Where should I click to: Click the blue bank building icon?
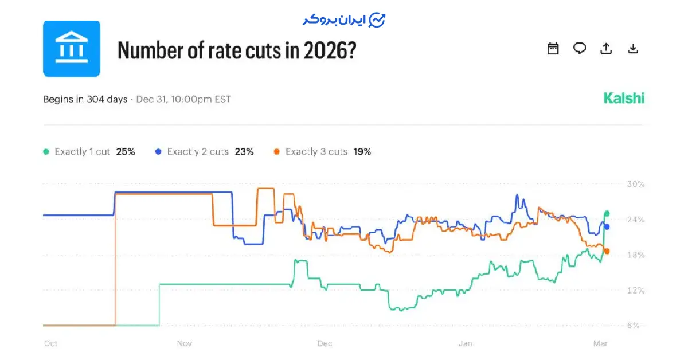[x=72, y=49]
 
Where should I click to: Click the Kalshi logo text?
[x=624, y=98]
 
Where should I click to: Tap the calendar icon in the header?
[x=553, y=49]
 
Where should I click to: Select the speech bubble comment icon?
[x=580, y=49]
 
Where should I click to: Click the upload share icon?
[x=606, y=49]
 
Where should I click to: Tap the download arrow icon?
[x=633, y=49]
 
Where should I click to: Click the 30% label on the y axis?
[x=636, y=185]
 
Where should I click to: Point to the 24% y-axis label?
[x=636, y=220]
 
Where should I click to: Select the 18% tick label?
[x=636, y=255]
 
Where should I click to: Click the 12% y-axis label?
[x=636, y=291]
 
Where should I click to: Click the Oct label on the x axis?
[x=51, y=343]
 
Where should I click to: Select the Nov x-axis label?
[x=184, y=343]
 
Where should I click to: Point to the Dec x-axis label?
[x=325, y=343]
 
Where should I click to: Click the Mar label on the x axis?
[x=600, y=343]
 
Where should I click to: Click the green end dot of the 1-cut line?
[x=607, y=213]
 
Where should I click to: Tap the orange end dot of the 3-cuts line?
[x=607, y=251]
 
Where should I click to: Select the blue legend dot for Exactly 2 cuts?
[x=158, y=152]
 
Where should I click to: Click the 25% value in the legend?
[x=126, y=152]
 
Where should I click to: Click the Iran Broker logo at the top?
[x=344, y=20]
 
